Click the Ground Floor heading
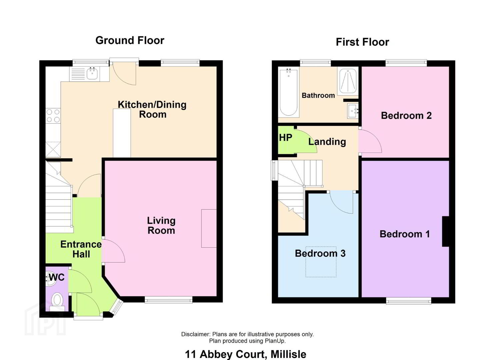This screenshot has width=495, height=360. (130, 41)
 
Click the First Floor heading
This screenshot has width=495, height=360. (362, 42)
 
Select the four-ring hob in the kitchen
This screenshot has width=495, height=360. (53, 116)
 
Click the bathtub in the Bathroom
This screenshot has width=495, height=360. (288, 92)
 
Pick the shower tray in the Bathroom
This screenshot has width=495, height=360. (348, 81)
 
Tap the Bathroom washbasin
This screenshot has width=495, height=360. (353, 111)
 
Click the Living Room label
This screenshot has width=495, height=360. (161, 225)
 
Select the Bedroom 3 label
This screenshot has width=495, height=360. (320, 253)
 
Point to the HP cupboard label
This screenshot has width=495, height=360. (286, 138)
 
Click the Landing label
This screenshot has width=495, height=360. (327, 142)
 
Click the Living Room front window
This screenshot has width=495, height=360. (169, 300)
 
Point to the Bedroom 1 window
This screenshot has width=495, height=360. (409, 301)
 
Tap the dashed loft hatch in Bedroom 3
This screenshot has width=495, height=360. (321, 262)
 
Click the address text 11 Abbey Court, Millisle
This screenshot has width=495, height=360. (246, 354)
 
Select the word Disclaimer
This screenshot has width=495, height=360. (196, 334)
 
